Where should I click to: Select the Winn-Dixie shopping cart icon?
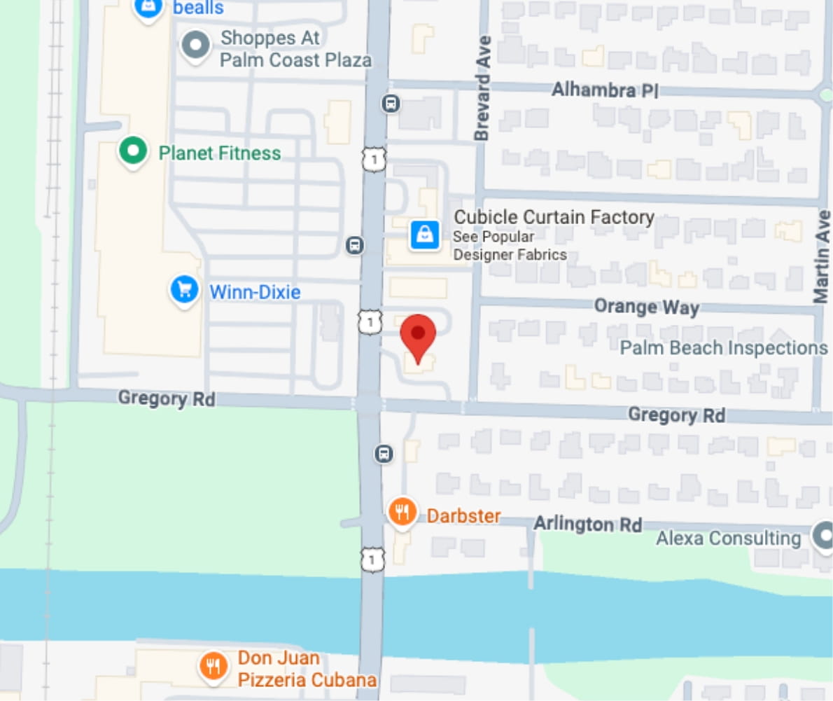[x=185, y=290]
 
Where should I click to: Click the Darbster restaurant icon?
[x=402, y=513]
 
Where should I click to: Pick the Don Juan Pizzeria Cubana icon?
[x=213, y=666]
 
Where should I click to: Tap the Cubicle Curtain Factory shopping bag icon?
[x=424, y=235]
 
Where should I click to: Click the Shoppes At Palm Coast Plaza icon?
[x=196, y=46]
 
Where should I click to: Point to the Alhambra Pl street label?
[x=605, y=90]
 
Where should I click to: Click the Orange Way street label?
[x=646, y=307]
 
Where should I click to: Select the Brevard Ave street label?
[x=482, y=88]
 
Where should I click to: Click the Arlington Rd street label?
[x=587, y=524]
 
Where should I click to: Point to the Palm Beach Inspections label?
[x=724, y=347]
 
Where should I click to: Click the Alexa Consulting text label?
[x=728, y=539]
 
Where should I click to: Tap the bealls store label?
[x=198, y=8]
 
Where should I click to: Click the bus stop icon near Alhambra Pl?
[x=391, y=104]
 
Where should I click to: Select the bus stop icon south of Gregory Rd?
[x=384, y=454]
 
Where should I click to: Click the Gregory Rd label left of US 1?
[x=166, y=399]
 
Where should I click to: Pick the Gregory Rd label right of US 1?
[x=676, y=415]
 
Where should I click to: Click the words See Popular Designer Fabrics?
[x=509, y=246]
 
